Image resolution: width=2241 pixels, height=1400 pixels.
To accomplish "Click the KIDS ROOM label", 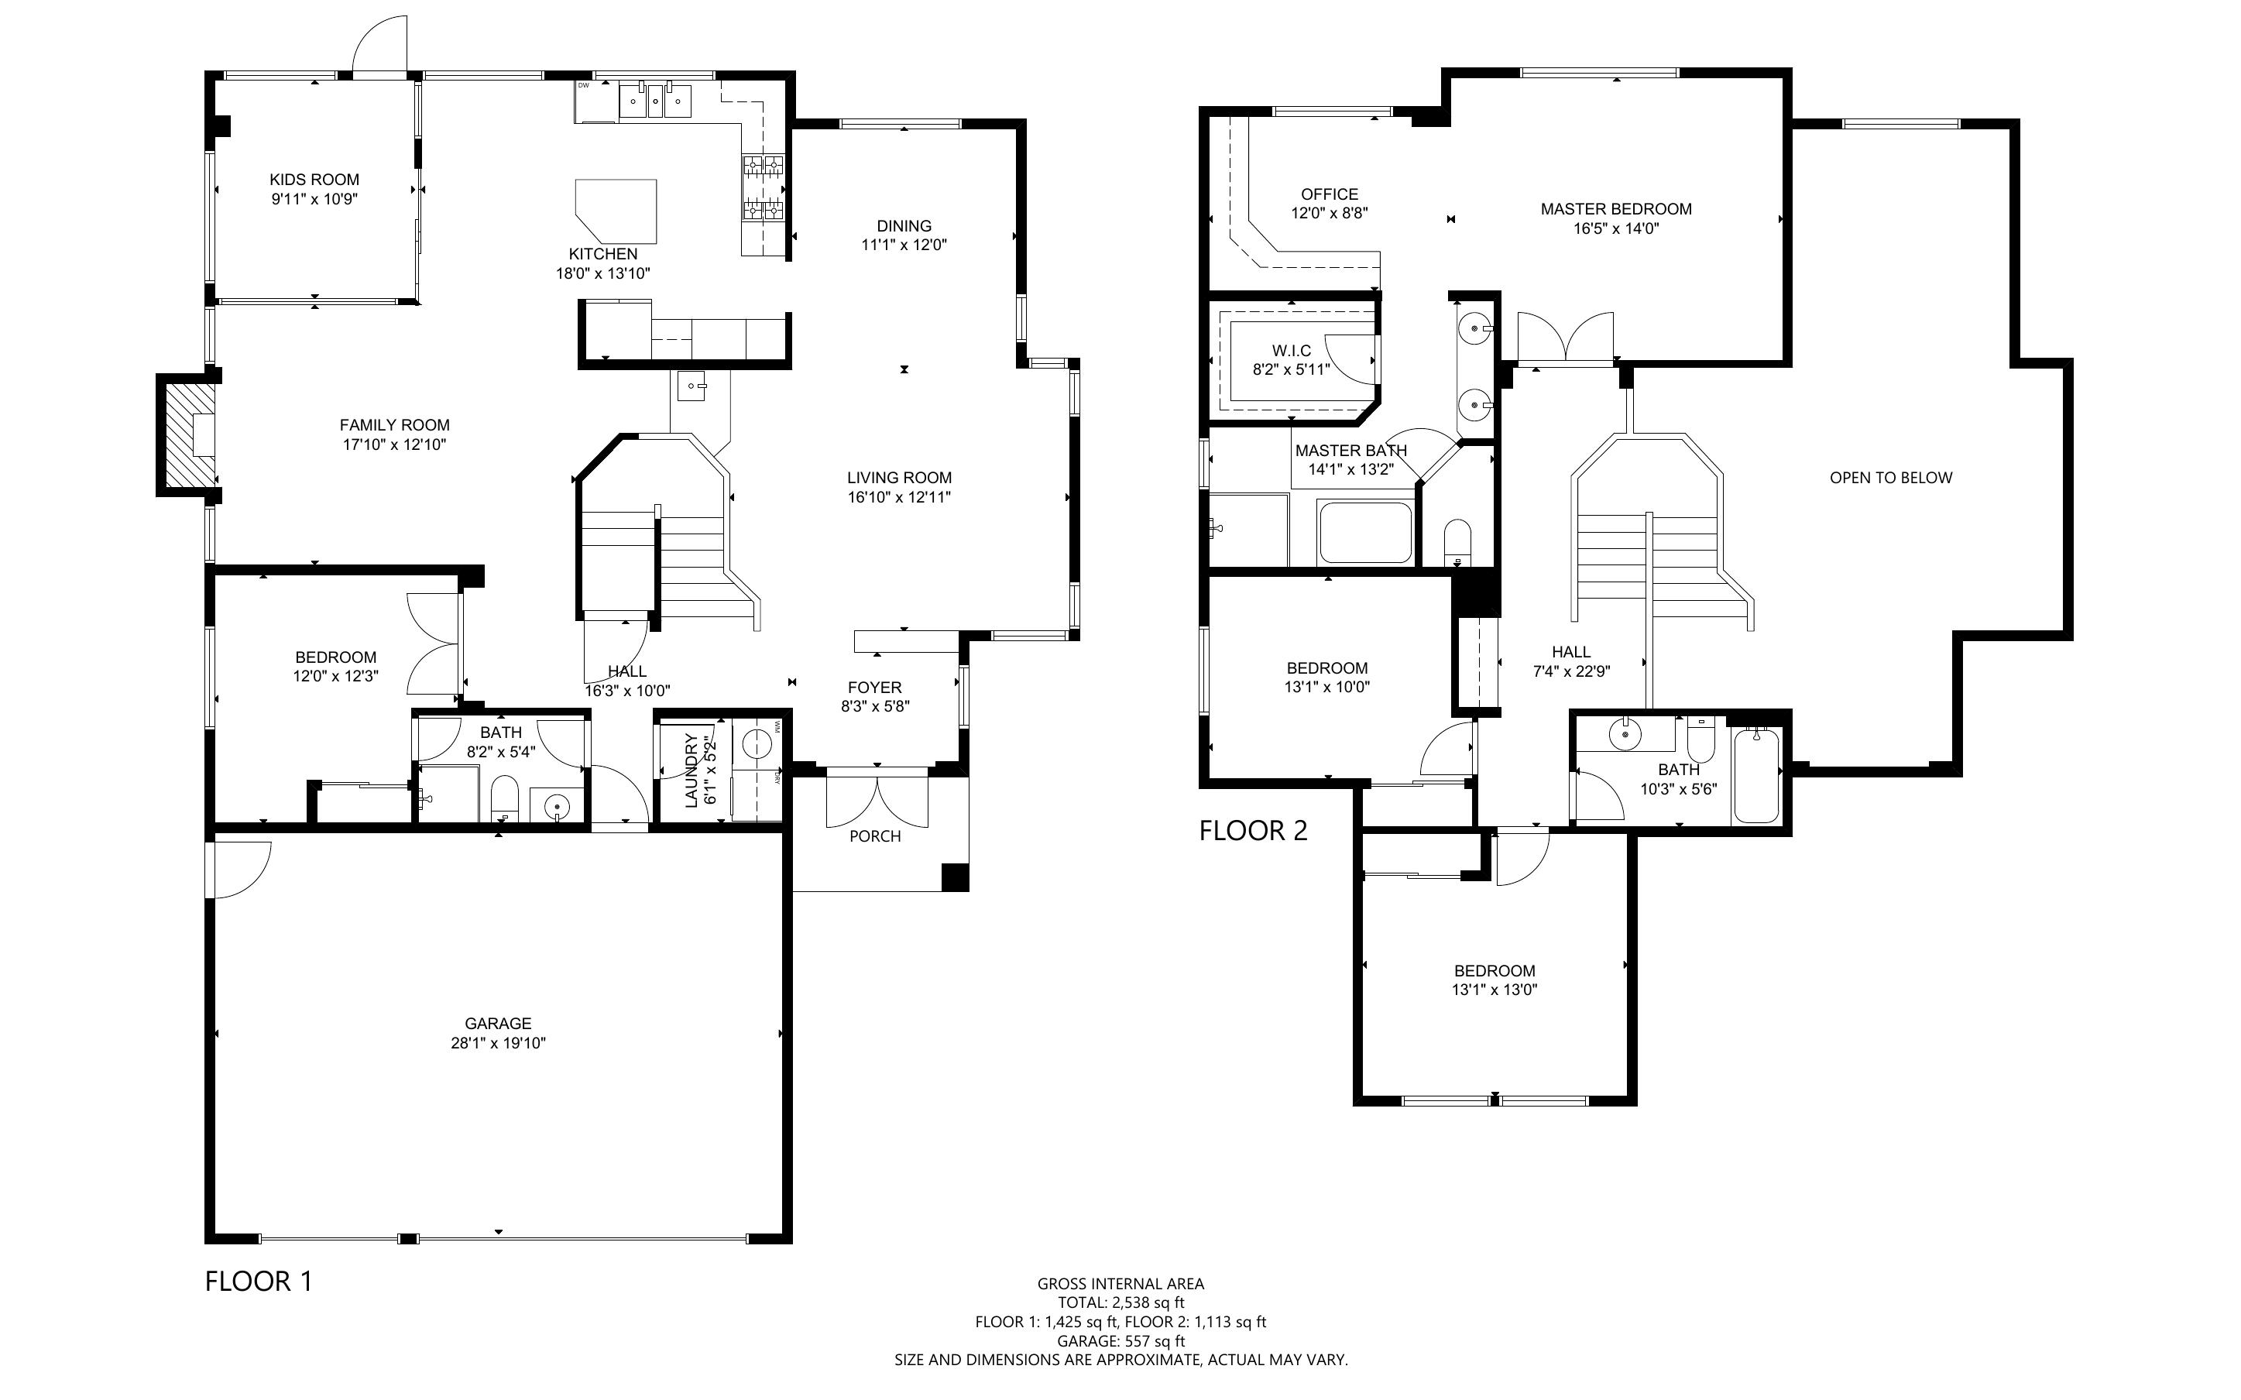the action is [x=314, y=180].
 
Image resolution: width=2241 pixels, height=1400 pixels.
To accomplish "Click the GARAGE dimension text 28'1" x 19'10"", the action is [x=498, y=1042].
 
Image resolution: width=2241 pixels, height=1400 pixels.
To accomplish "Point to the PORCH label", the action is [x=875, y=836].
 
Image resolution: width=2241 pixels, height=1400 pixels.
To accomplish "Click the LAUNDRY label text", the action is [x=692, y=770].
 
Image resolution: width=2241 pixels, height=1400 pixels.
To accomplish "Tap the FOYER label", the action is [x=875, y=687].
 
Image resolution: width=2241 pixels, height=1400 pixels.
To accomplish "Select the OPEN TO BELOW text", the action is [x=1891, y=478].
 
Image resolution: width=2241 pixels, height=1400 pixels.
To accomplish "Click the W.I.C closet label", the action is [x=1292, y=350].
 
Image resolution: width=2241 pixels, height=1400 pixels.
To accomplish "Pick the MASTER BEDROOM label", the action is [x=1616, y=209].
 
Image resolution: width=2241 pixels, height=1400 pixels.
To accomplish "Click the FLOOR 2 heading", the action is [x=1254, y=831].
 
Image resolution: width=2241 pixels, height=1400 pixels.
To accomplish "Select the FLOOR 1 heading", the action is [x=259, y=1282].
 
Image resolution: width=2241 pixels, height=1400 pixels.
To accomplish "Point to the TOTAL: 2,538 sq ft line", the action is [x=1121, y=1302].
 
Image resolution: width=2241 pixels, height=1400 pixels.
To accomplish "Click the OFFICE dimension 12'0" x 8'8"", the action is [x=1330, y=213].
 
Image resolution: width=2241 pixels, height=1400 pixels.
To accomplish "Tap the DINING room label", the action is [x=904, y=226].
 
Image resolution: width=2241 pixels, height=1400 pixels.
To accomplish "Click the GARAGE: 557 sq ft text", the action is [x=1121, y=1340].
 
